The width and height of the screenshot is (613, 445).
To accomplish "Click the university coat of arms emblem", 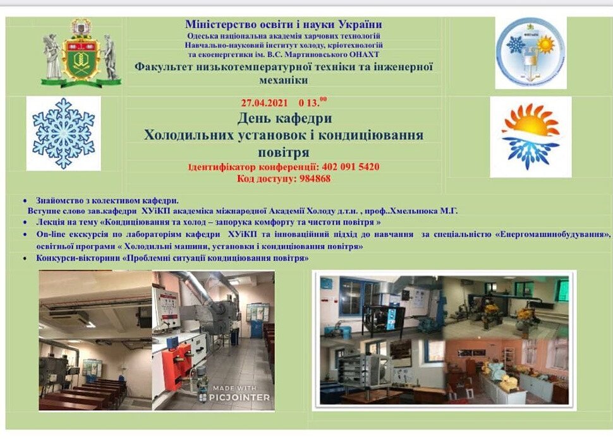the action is tap(82, 52).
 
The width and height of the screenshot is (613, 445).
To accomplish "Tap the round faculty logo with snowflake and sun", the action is tap(530, 52).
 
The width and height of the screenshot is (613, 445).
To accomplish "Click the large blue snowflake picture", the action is tap(63, 134).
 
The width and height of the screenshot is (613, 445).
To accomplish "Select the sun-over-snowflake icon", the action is tap(530, 136).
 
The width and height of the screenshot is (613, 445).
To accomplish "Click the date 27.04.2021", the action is tap(264, 103).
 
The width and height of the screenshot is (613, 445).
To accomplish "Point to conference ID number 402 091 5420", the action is tap(351, 167).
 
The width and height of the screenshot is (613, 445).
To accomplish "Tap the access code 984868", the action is tap(315, 179).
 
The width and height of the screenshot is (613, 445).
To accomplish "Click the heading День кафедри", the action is tap(284, 118).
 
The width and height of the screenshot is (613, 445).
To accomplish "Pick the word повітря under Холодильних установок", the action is tap(284, 152).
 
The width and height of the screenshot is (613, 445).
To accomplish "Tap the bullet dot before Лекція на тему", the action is tap(25, 222).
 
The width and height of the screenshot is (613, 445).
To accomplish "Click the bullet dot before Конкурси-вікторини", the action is tap(25, 258).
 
